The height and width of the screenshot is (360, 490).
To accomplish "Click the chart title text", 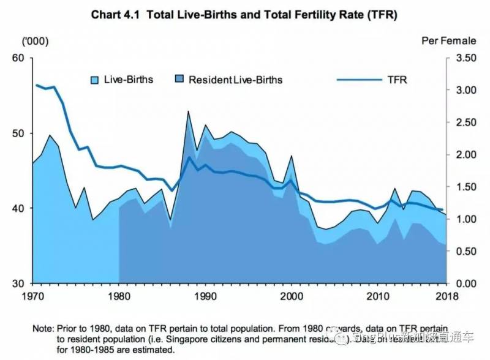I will pyautogui.click(x=244, y=15).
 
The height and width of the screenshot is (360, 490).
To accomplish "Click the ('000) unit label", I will pyautogui.click(x=34, y=41).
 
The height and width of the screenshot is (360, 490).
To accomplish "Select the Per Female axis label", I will pyautogui.click(x=449, y=41).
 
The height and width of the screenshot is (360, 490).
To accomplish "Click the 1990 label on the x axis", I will pyautogui.click(x=203, y=297).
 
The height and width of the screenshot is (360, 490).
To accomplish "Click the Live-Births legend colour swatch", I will pyautogui.click(x=95, y=80).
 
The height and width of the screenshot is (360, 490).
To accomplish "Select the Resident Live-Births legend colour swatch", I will pyautogui.click(x=179, y=80).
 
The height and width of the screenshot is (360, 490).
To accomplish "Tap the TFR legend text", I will pyautogui.click(x=396, y=80).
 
